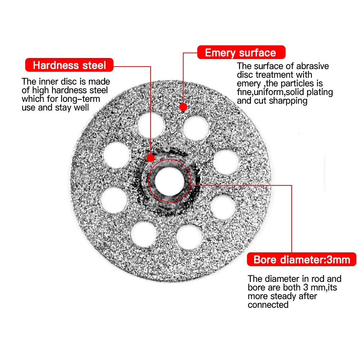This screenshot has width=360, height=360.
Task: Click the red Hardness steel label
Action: [69, 65]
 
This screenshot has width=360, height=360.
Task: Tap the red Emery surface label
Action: [240, 53]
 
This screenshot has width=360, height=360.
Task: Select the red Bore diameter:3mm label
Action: [301, 260]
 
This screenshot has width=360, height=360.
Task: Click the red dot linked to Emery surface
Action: [183, 107]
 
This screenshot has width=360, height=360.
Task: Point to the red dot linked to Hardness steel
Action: [151, 158]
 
